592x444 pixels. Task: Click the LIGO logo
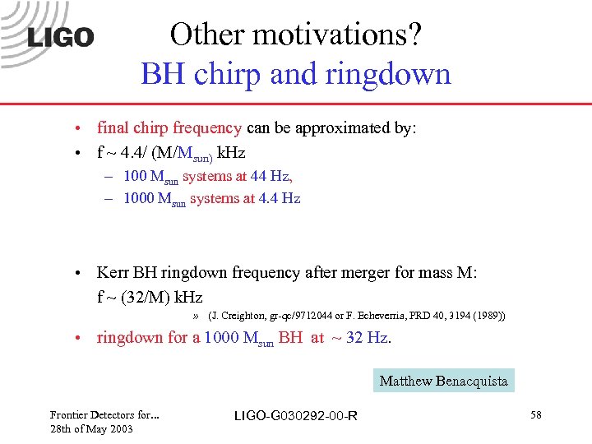(x=61, y=37)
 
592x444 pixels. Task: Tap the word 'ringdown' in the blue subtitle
(x=392, y=75)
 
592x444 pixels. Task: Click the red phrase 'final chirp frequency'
(x=169, y=128)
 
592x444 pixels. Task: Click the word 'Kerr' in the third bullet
(x=114, y=272)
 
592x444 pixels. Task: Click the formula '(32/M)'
(x=145, y=297)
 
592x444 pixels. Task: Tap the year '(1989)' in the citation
(x=487, y=316)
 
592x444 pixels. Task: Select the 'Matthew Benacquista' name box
(x=443, y=381)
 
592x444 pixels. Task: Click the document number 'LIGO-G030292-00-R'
(x=296, y=416)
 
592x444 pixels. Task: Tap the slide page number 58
(x=536, y=416)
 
